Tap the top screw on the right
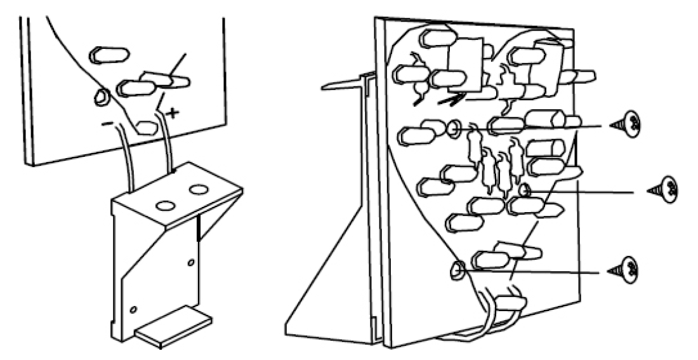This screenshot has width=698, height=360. click(x=631, y=124)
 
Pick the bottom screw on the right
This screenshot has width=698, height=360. click(x=631, y=269)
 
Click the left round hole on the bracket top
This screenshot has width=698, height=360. click(x=166, y=206)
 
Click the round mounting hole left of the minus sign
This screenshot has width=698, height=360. click(x=100, y=98)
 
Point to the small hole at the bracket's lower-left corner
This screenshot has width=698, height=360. click(x=133, y=310)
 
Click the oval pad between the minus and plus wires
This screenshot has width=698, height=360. click(x=147, y=128)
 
